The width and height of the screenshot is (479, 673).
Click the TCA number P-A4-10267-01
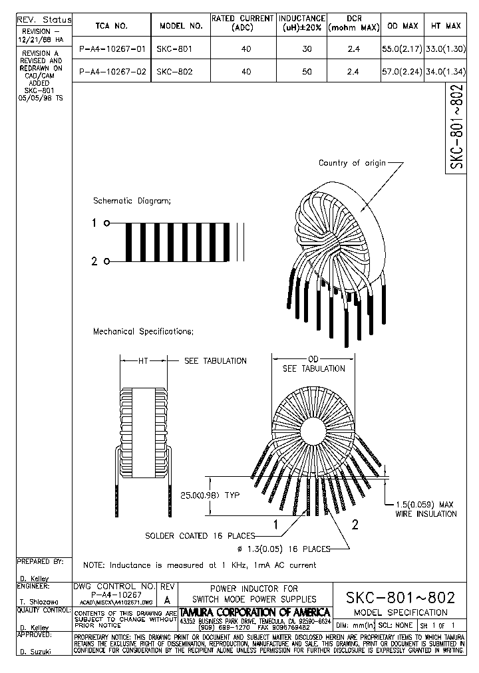(111, 49)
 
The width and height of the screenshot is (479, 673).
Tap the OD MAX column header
(402, 26)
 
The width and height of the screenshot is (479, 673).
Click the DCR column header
(354, 23)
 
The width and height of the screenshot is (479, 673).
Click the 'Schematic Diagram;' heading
(132, 200)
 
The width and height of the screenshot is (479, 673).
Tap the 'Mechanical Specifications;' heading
(143, 331)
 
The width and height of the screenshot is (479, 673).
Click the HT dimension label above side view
(143, 360)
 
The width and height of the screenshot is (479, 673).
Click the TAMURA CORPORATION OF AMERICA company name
(255, 612)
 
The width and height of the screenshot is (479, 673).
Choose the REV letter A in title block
(167, 599)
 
